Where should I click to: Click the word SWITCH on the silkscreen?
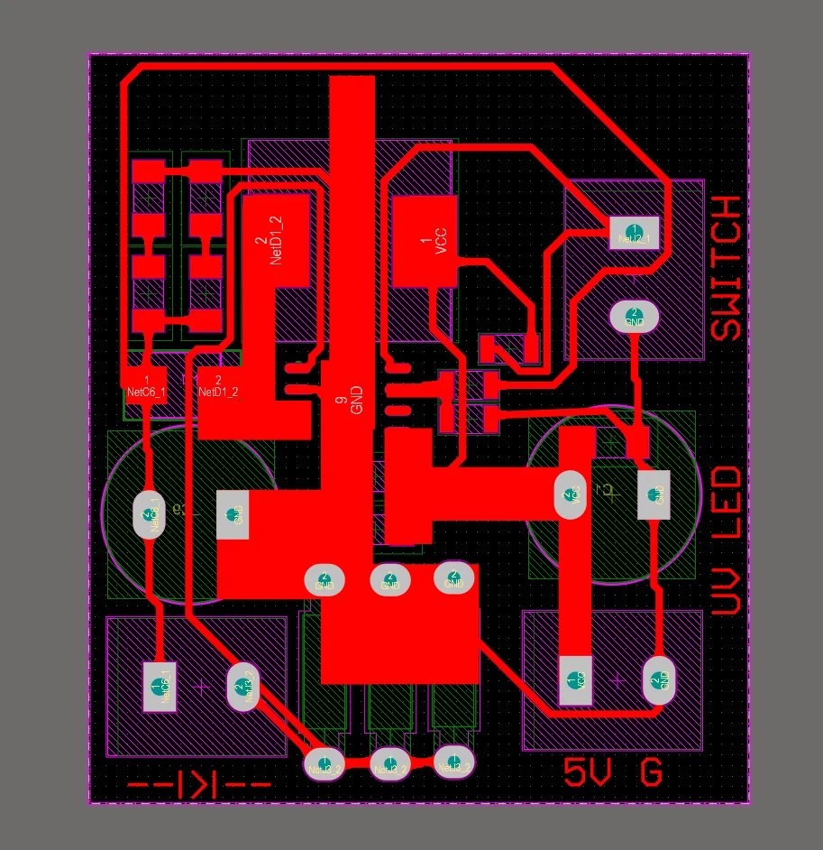click(727, 268)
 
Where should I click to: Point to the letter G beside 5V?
click(651, 773)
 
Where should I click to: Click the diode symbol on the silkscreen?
click(199, 784)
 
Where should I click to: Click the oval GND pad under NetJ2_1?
click(635, 317)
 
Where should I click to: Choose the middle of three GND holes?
click(389, 580)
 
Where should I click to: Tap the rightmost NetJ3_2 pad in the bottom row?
click(453, 762)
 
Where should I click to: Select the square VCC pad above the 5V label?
click(574, 679)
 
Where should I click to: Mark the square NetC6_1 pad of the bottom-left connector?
click(160, 686)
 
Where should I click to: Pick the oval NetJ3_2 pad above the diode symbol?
click(242, 688)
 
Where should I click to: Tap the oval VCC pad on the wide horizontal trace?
click(571, 494)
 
